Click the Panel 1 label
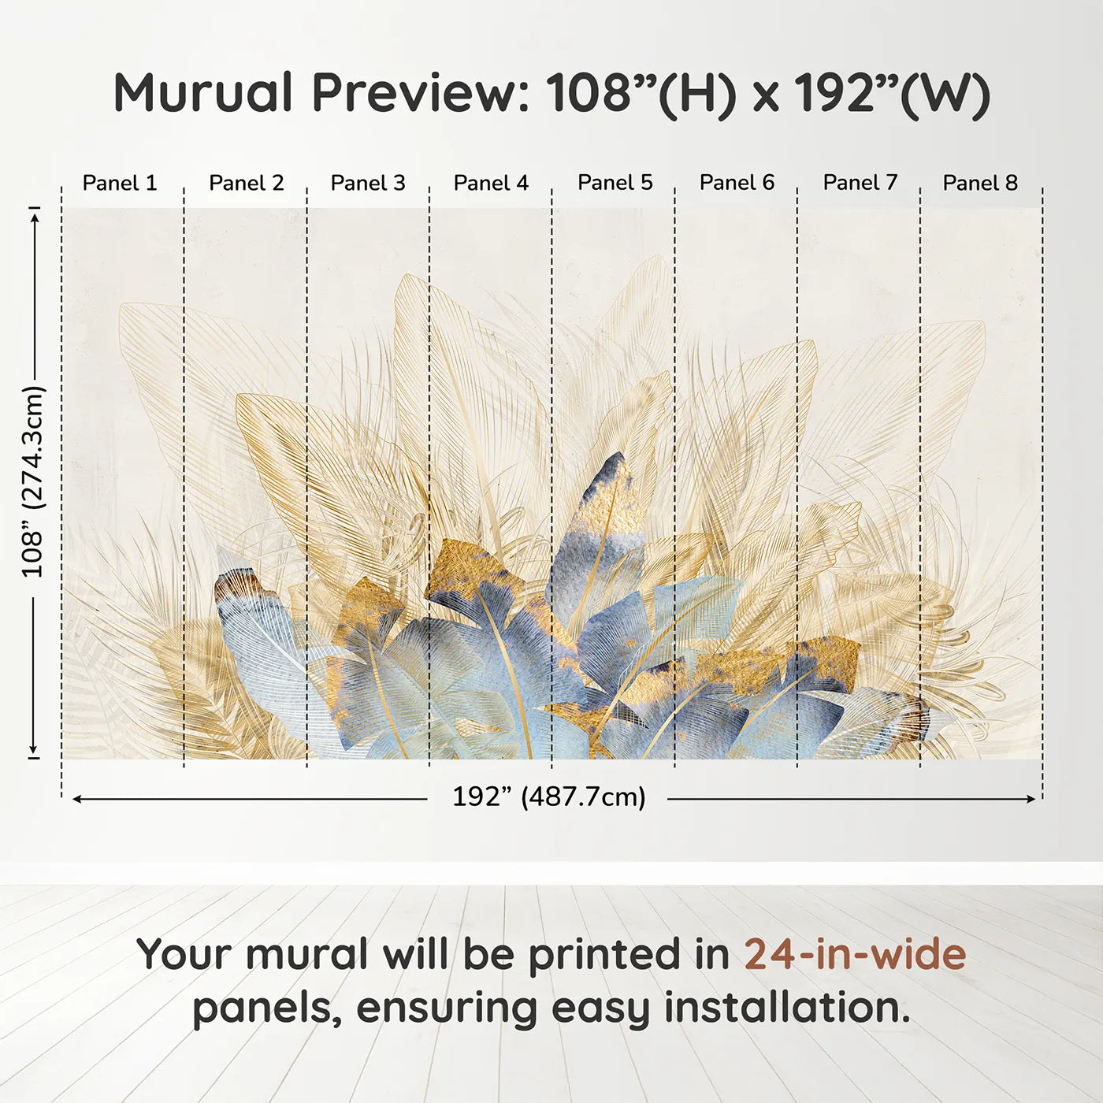point(120,183)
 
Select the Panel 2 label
point(246,183)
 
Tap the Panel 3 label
point(368,183)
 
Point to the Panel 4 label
point(491,183)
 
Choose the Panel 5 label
point(615,182)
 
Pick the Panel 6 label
point(737,182)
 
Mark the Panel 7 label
point(860,182)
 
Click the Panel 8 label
point(980,183)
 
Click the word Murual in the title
point(203,93)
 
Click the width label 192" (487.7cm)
point(548,797)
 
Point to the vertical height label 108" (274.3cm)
point(33,481)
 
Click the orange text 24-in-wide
point(855,954)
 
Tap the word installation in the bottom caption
point(785,1008)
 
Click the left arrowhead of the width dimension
point(76,799)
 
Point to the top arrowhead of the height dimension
point(34,214)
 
